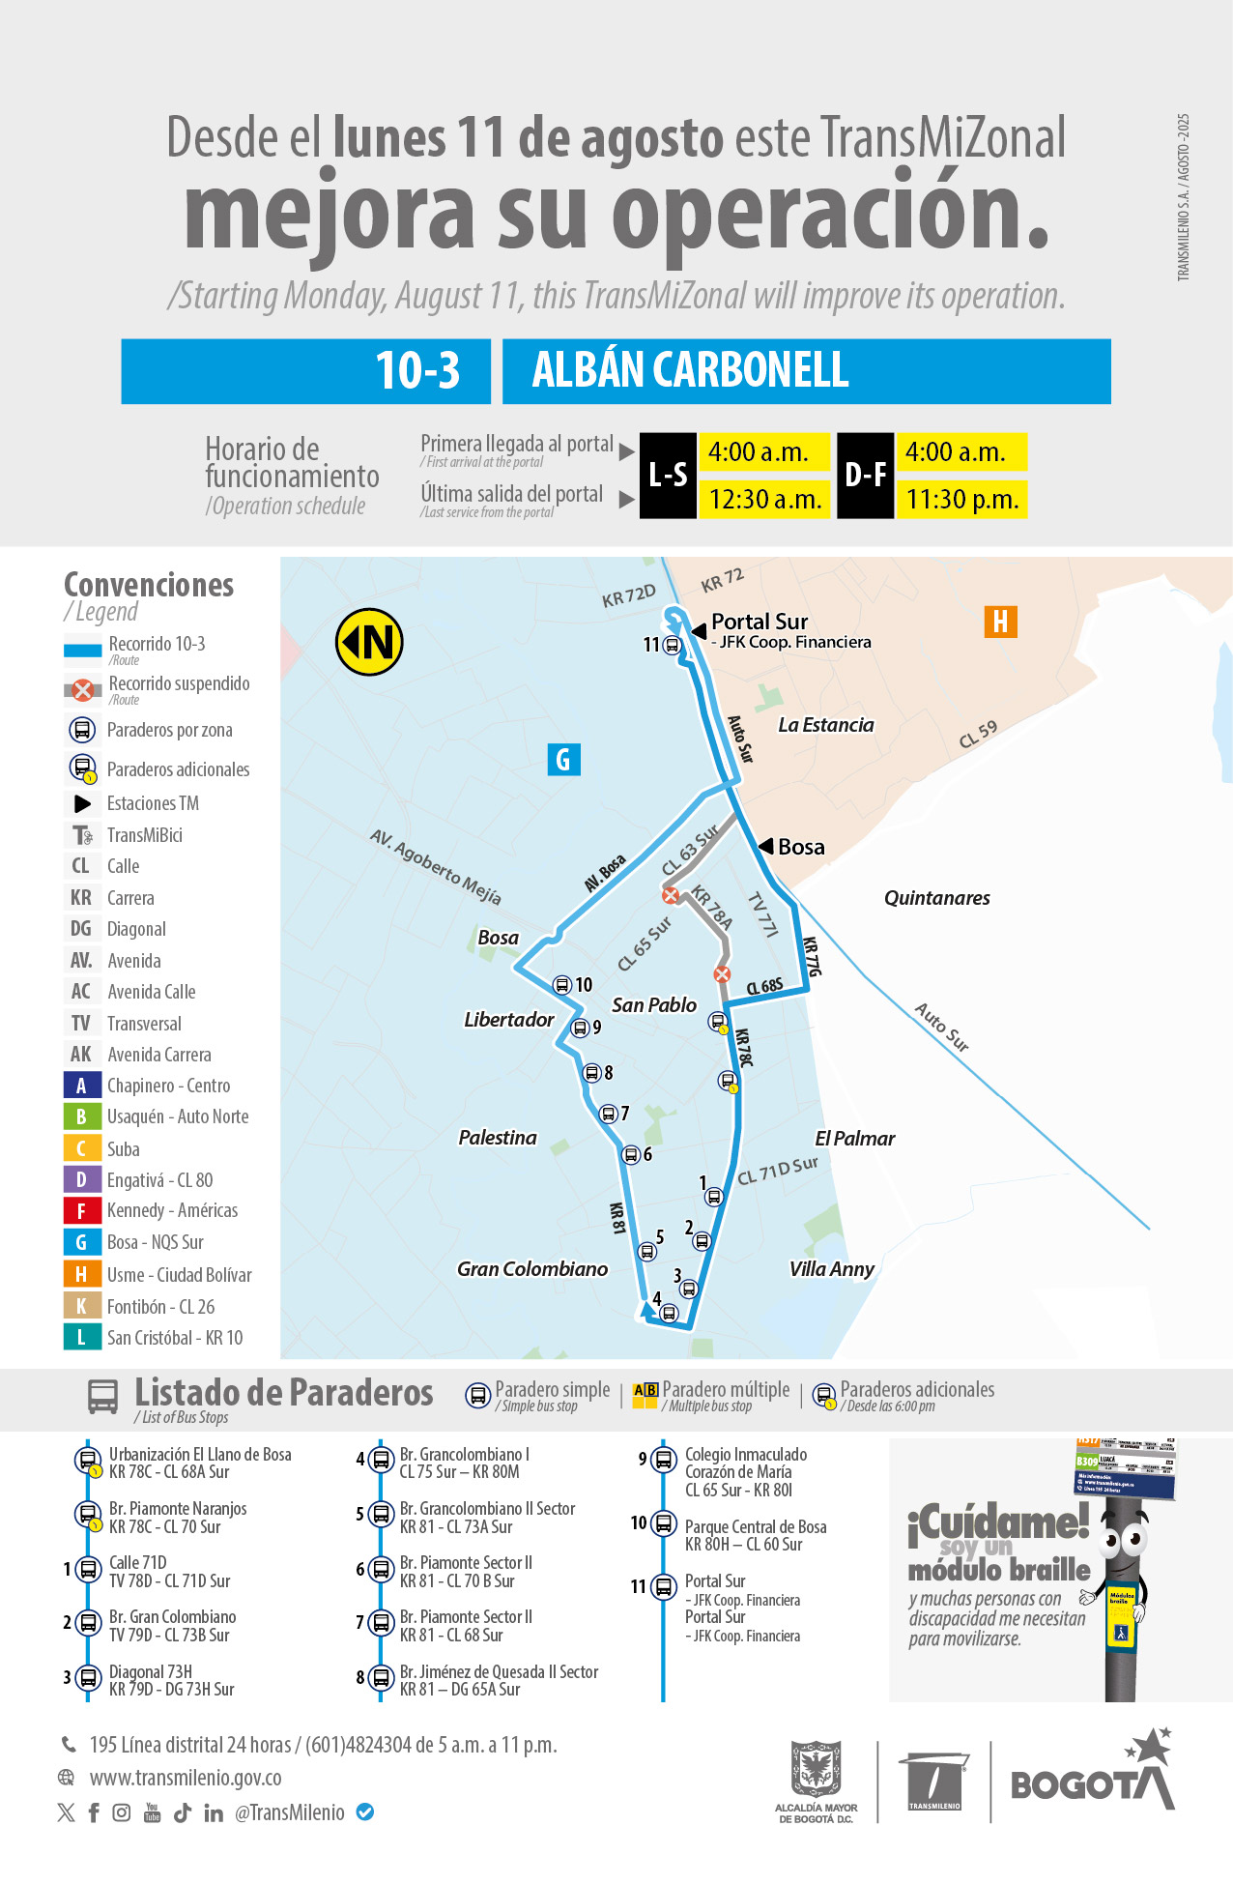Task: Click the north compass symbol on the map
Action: coord(369,642)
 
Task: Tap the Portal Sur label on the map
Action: coord(759,622)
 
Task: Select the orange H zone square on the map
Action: coord(1000,622)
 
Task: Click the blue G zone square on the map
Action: coord(563,760)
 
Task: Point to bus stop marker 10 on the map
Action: coord(562,985)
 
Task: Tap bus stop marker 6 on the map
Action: coord(631,1155)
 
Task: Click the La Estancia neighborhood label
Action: coord(825,725)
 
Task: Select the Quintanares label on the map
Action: coord(936,898)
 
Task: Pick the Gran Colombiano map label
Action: coord(532,1269)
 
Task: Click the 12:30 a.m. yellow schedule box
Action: coord(764,500)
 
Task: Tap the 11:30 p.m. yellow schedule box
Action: coord(961,500)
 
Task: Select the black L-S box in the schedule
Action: coord(668,476)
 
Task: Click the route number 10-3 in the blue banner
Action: coord(417,371)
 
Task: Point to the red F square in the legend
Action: coord(81,1211)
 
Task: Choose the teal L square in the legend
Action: coord(81,1338)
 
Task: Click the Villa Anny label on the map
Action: coord(831,1269)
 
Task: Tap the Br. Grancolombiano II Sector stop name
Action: coord(487,1509)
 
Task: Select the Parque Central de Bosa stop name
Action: coord(756,1527)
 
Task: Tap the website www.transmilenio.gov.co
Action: coord(186,1779)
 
